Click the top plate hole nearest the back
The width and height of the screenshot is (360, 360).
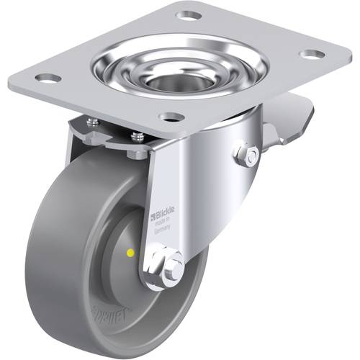click(x=189, y=14)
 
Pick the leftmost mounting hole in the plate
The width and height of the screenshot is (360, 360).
click(x=48, y=78)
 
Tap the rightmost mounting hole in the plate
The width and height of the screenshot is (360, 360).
click(x=310, y=54)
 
